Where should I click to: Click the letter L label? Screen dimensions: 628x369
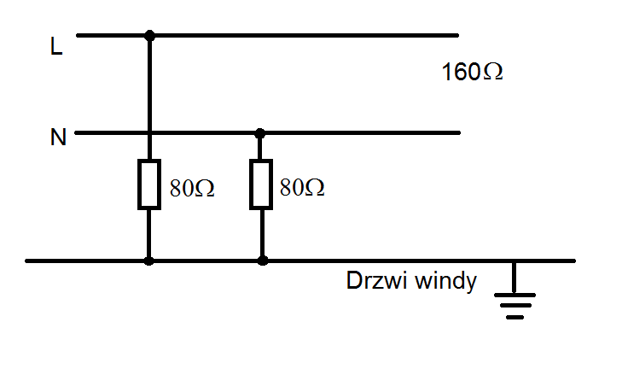[x=56, y=46]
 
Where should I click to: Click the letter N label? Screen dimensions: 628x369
[x=58, y=138]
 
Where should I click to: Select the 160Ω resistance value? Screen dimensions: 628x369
[x=472, y=72]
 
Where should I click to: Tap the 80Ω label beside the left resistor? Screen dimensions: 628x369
[x=192, y=188]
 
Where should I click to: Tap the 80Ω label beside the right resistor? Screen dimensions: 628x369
[x=302, y=187]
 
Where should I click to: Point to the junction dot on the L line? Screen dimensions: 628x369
[x=149, y=35]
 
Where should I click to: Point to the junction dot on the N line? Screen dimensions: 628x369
[x=260, y=132]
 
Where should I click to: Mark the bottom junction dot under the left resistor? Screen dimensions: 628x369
[x=148, y=261]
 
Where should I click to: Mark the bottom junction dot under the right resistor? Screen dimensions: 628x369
[x=262, y=261]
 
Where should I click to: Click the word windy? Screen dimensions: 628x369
[x=445, y=281]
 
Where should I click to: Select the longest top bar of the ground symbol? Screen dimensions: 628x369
[x=515, y=296]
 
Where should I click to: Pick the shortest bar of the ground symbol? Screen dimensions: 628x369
[x=515, y=317]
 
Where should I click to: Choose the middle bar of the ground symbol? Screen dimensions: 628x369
[x=515, y=306]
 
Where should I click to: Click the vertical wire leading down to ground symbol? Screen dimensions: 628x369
[x=514, y=278]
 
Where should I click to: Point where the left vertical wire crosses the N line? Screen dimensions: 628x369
[x=149, y=132]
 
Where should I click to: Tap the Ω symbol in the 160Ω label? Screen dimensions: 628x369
[x=493, y=73]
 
